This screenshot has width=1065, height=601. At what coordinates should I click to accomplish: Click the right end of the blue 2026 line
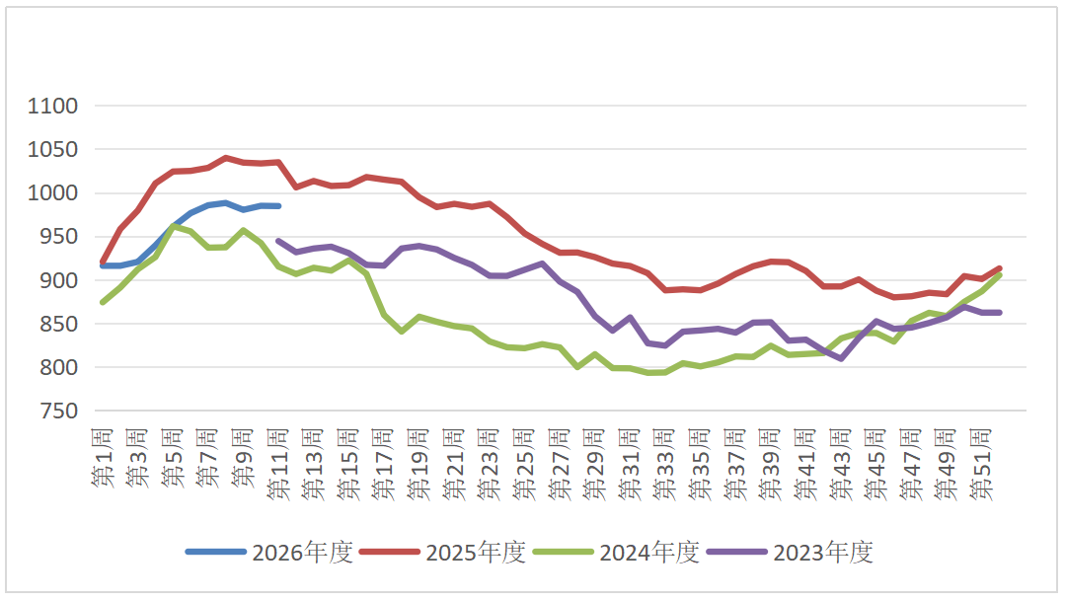[279, 205]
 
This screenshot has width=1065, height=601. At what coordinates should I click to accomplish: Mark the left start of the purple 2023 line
[278, 240]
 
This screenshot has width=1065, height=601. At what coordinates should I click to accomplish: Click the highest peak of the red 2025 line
[226, 158]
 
